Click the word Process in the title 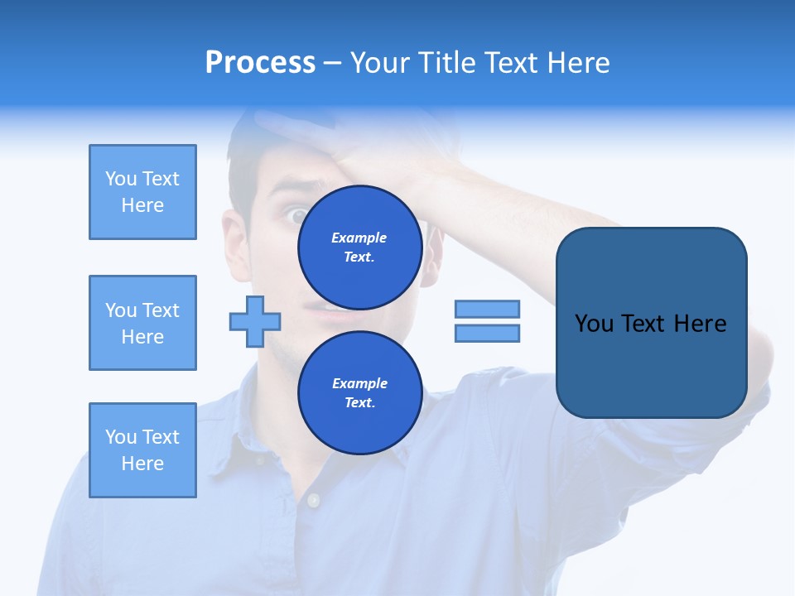(260, 62)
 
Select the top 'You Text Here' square (142, 192)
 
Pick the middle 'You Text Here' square (142, 323)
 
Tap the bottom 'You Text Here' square (142, 450)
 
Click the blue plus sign (255, 321)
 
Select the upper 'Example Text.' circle (359, 247)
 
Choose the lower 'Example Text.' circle (359, 393)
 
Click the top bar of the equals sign (487, 309)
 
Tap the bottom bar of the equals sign (487, 334)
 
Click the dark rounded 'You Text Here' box (651, 323)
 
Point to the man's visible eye (297, 216)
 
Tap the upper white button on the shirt (313, 500)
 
